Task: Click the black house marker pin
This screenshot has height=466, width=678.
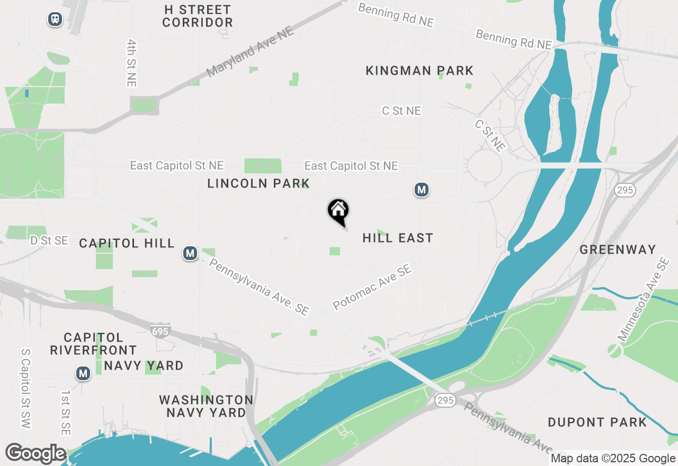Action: click(338, 211)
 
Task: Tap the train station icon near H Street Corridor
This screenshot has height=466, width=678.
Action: click(55, 20)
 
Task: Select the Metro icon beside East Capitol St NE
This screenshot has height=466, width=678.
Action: click(421, 190)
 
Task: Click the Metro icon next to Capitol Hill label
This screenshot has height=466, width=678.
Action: click(190, 254)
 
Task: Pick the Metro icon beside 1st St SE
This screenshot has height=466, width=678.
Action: click(83, 373)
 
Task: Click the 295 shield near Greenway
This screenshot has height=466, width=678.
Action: click(625, 190)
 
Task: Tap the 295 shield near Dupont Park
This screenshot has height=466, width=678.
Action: click(445, 400)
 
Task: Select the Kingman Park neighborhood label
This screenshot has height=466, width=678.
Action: click(420, 70)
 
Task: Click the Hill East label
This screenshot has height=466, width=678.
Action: click(398, 238)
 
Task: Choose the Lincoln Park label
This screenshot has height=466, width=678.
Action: click(258, 183)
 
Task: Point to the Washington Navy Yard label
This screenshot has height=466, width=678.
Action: click(206, 406)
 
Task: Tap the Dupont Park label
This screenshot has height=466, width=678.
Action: click(597, 422)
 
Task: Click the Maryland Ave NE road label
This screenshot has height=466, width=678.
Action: click(250, 52)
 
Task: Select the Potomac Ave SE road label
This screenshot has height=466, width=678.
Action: click(372, 288)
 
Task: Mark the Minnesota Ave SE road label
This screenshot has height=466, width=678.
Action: click(643, 300)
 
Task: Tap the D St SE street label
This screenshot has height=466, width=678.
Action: click(49, 240)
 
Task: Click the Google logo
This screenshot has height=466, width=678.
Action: click(35, 453)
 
